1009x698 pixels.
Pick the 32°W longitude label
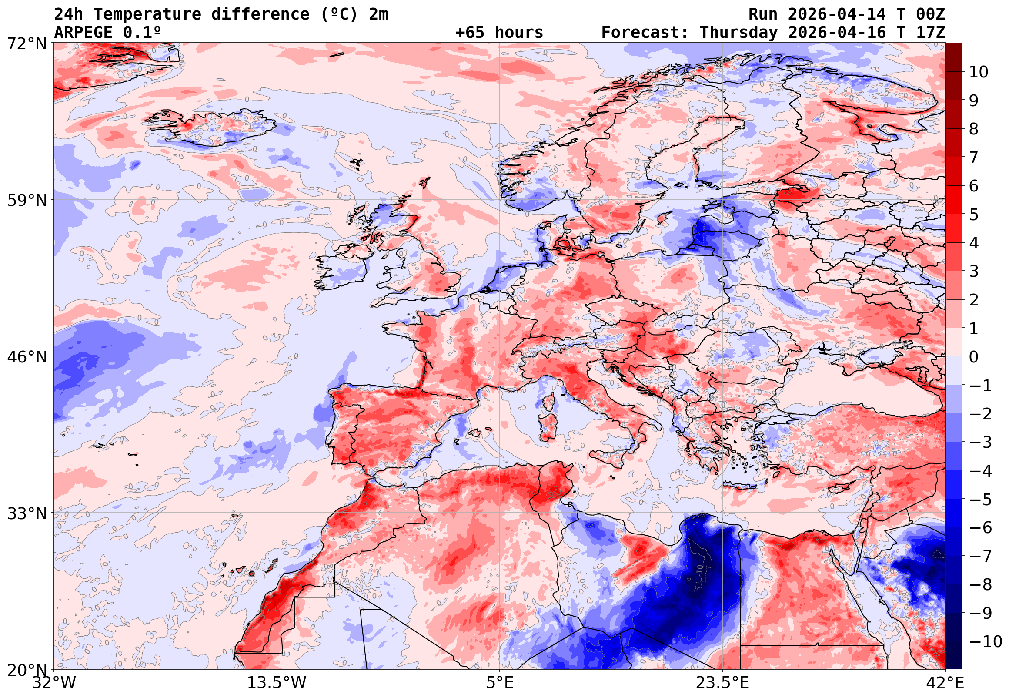[54, 683]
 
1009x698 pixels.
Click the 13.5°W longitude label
[277, 683]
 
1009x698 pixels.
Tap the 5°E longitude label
[499, 683]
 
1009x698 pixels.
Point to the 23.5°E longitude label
[722, 683]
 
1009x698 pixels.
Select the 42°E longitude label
[945, 683]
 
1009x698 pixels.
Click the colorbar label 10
[979, 72]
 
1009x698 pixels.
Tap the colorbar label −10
[986, 641]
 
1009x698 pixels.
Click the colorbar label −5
[981, 500]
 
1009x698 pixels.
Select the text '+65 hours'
[499, 33]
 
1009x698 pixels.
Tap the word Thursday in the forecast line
[738, 33]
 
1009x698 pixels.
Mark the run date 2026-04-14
[837, 14]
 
